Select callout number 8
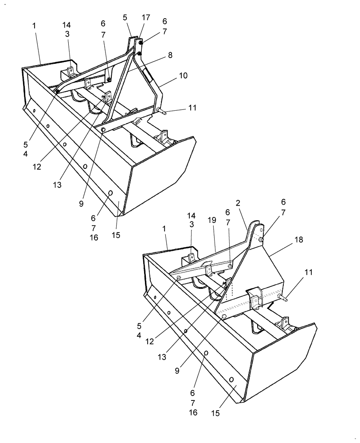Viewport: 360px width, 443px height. [x=170, y=55]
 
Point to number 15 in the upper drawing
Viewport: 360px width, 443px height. [x=116, y=235]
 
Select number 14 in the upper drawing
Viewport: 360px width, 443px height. [x=67, y=25]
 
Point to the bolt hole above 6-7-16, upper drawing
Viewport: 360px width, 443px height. [x=111, y=193]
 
